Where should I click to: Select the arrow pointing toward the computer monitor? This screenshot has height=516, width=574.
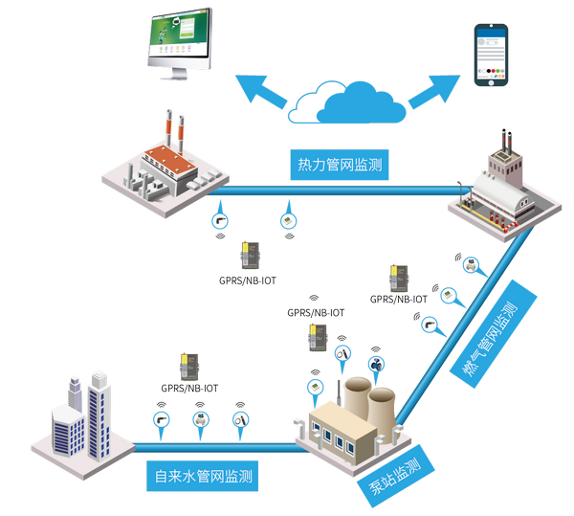pyautogui.click(x=259, y=91)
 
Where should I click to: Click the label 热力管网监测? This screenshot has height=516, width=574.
pyautogui.click(x=340, y=166)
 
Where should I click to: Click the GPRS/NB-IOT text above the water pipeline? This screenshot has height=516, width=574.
pyautogui.click(x=188, y=389)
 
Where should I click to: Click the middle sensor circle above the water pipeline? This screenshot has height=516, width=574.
pyautogui.click(x=200, y=418)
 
